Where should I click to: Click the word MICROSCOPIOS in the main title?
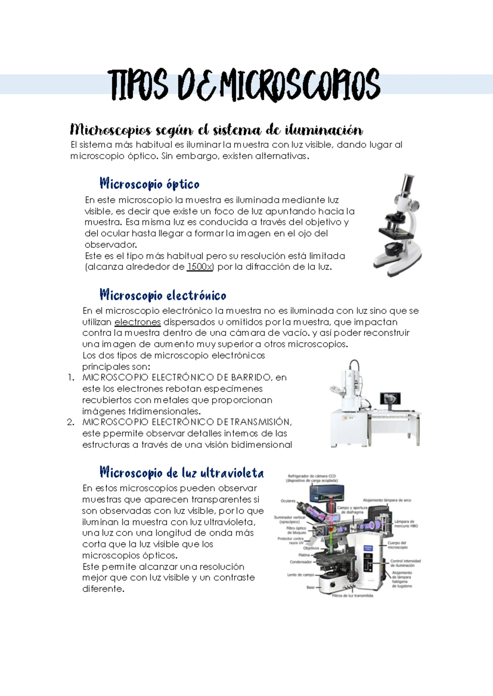pyautogui.click(x=300, y=85)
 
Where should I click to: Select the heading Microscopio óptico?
pyautogui.click(x=150, y=184)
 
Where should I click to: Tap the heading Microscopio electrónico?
pyautogui.click(x=163, y=295)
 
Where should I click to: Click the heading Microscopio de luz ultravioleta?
pyautogui.click(x=182, y=473)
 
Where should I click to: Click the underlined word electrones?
pyautogui.click(x=137, y=322)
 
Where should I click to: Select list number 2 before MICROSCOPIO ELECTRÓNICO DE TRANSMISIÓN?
pyautogui.click(x=71, y=422)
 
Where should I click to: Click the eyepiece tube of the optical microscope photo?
pyautogui.click(x=407, y=185)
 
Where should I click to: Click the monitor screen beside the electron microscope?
pyautogui.click(x=391, y=398)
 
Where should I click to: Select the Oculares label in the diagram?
pyautogui.click(x=288, y=501)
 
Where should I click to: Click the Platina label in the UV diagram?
pyautogui.click(x=304, y=555)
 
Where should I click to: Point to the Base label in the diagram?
pyautogui.click(x=310, y=587)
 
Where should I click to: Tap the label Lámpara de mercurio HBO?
pyautogui.click(x=406, y=524)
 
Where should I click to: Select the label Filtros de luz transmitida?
pyautogui.click(x=352, y=595)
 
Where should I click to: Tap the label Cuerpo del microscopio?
pyautogui.click(x=397, y=545)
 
